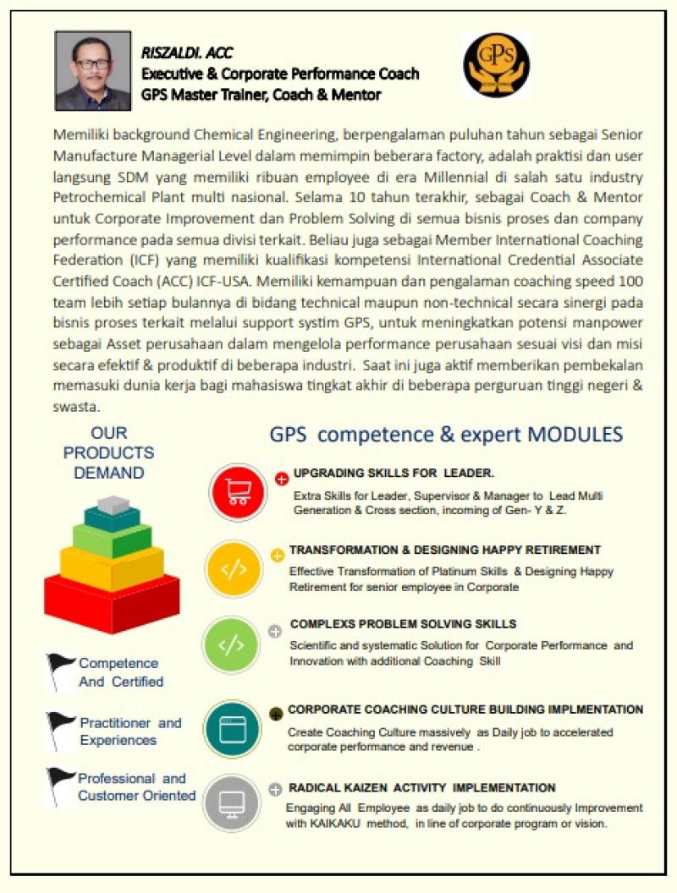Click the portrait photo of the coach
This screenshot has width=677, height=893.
(x=93, y=71)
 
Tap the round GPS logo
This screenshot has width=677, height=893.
(x=496, y=65)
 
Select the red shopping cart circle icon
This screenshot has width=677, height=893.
(x=238, y=491)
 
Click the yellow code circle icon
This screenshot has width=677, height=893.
(x=234, y=569)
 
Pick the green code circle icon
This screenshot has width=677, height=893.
(x=233, y=645)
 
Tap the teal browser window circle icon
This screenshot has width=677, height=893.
(x=233, y=726)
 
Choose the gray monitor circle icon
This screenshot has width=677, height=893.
(x=232, y=802)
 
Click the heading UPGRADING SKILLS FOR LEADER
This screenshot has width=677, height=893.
(x=394, y=473)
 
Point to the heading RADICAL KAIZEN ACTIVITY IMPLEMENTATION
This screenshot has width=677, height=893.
(x=421, y=787)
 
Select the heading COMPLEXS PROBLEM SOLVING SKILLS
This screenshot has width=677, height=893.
(x=403, y=624)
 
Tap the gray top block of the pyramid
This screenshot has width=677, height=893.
(x=113, y=505)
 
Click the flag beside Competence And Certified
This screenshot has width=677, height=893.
(x=61, y=670)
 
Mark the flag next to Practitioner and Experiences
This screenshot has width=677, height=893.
(x=61, y=729)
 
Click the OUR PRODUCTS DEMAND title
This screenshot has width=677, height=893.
(x=108, y=452)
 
